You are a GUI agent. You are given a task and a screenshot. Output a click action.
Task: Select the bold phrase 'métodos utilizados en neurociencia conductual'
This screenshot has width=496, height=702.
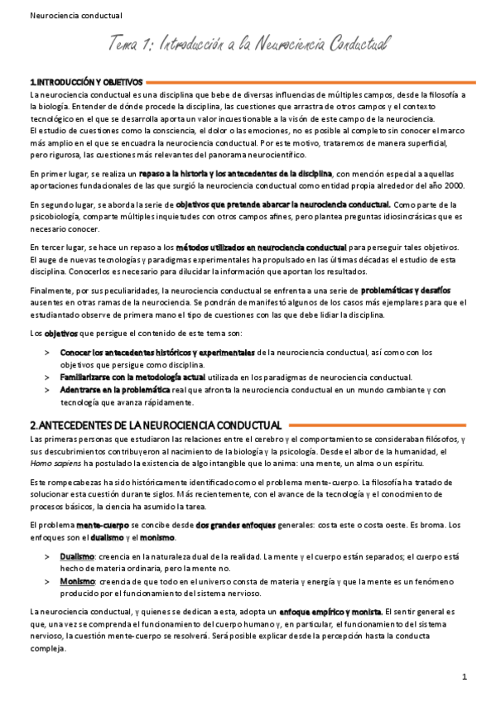point(262,248)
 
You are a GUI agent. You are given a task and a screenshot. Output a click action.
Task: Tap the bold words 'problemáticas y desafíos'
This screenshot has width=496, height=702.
point(406,291)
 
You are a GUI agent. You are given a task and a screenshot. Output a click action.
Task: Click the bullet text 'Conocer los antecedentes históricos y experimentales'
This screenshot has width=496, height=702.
point(157,353)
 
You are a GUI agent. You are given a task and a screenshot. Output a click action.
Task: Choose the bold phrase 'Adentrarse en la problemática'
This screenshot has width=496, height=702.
point(115,389)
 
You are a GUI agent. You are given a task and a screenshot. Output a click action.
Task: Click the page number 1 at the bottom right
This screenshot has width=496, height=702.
point(465,677)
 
